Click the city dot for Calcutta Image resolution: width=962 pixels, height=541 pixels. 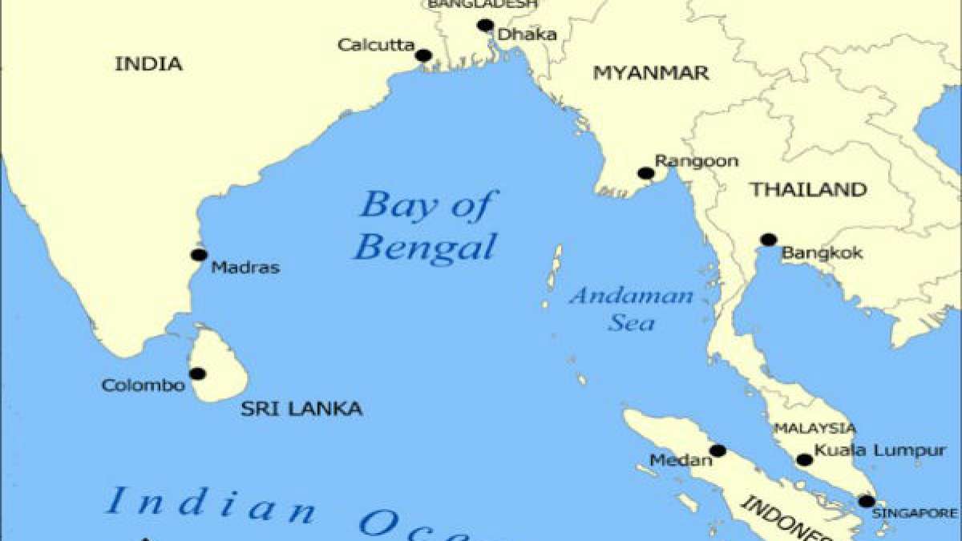pyautogui.click(x=424, y=55)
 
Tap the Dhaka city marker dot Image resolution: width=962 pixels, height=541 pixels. pyautogui.click(x=485, y=25)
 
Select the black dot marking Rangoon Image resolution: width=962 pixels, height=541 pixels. pyautogui.click(x=645, y=173)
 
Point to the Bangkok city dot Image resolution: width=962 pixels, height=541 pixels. pyautogui.click(x=768, y=239)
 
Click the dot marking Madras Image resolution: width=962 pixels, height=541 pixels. pyautogui.click(x=199, y=255)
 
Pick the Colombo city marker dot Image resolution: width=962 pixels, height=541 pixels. pyautogui.click(x=197, y=373)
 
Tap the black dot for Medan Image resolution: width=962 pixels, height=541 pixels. pyautogui.click(x=717, y=450)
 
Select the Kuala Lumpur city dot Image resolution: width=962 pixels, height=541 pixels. pyautogui.click(x=804, y=459)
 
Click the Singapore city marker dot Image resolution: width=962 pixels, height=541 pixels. pyautogui.click(x=867, y=501)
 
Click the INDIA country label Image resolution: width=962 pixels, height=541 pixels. pyautogui.click(x=148, y=64)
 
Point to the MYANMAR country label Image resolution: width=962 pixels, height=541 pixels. pyautogui.click(x=651, y=74)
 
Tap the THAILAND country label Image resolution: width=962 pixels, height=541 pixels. pyautogui.click(x=808, y=190)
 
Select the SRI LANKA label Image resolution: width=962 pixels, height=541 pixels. pyautogui.click(x=301, y=410)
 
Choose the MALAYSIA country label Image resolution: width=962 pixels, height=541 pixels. pyautogui.click(x=814, y=429)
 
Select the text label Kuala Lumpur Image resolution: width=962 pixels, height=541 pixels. pyautogui.click(x=880, y=451)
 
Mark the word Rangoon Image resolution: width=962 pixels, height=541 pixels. pyautogui.click(x=697, y=161)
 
